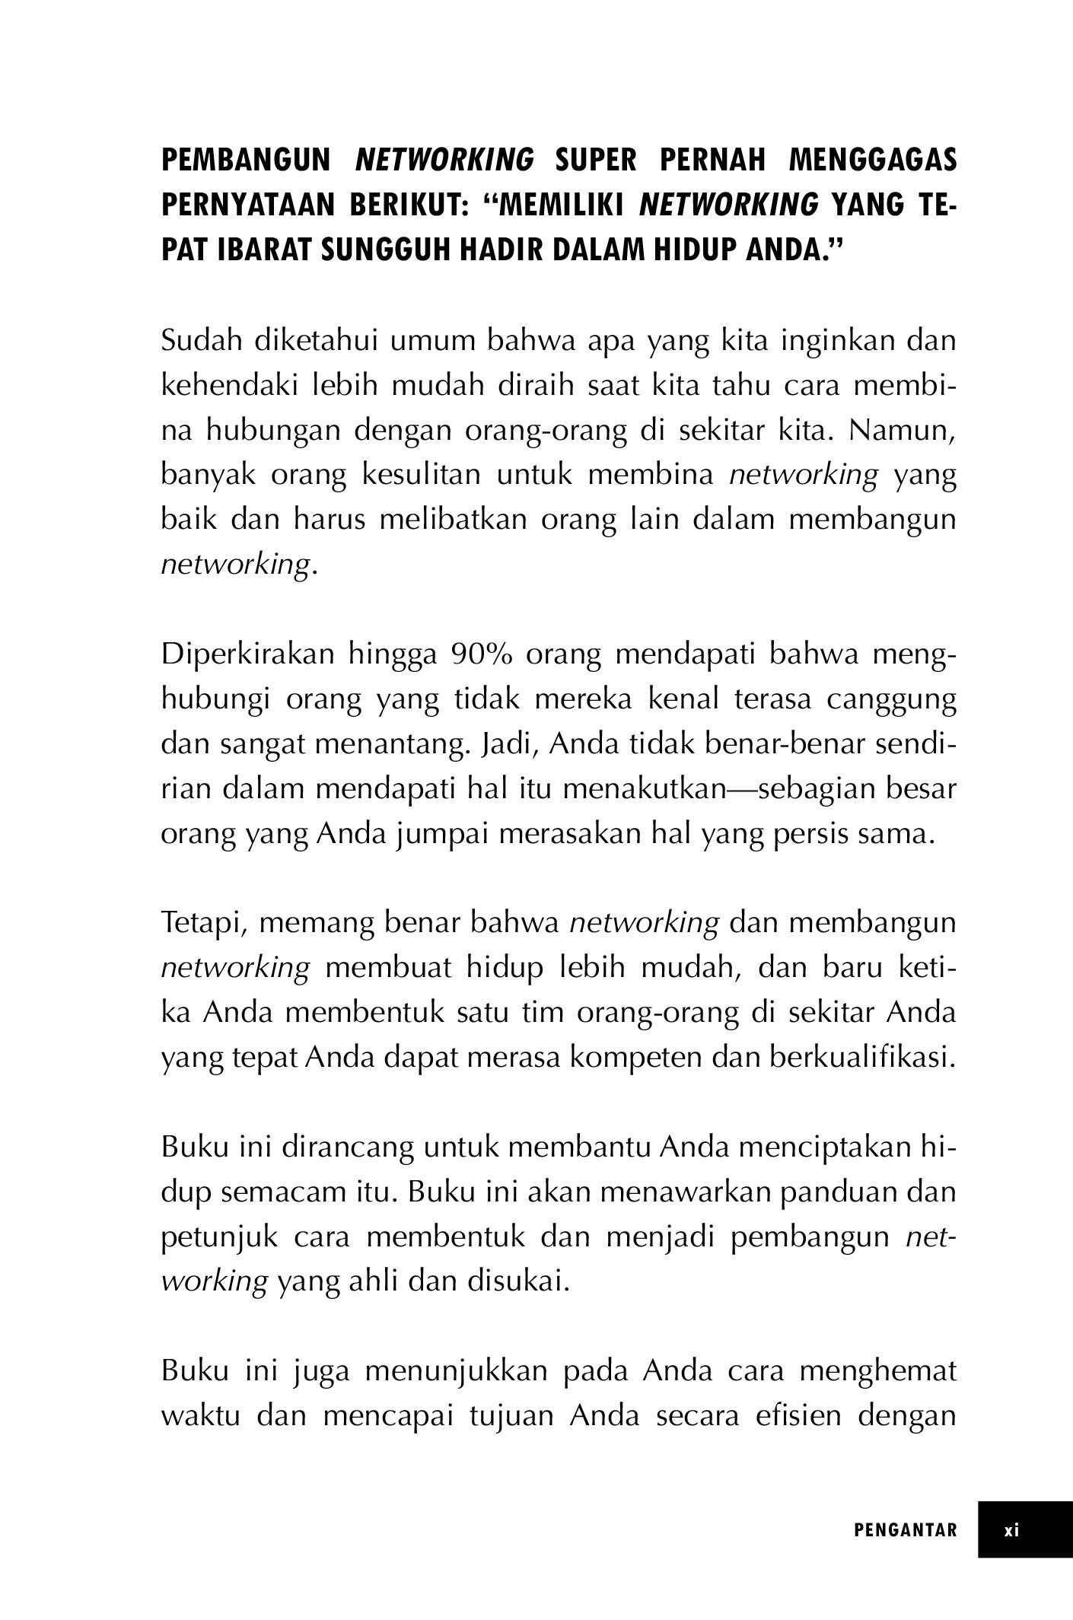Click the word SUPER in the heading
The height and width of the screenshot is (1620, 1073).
596,161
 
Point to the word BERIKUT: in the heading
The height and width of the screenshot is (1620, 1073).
409,205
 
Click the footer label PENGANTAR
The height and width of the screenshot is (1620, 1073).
906,1530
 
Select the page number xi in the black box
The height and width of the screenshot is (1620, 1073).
1011,1530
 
